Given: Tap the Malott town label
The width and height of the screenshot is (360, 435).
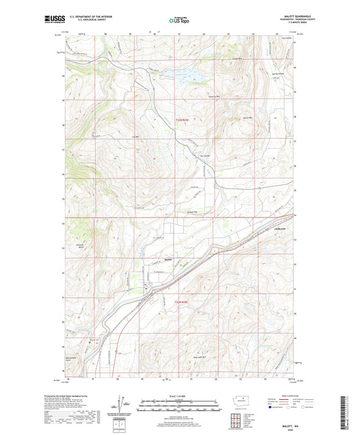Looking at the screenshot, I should point(169,257).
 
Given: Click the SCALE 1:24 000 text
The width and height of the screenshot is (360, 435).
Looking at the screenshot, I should point(179,396).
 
